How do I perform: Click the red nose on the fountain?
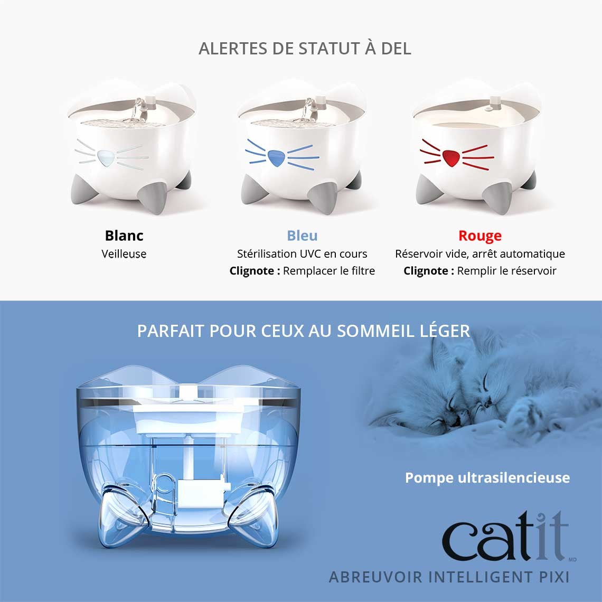pos(450,157)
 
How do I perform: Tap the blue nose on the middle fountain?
pos(275,157)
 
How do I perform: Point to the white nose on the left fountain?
pos(106,157)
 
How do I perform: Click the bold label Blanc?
pos(124,236)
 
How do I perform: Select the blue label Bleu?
pos(302,236)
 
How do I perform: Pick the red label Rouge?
pos(480,236)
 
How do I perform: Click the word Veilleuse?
pos(124,253)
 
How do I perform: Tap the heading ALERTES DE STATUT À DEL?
pos(305,49)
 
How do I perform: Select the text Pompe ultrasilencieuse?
pos(487,477)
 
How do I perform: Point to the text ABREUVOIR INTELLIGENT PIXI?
pos(449,576)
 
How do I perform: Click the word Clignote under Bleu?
pos(255,271)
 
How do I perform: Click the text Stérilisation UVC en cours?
pos(302,253)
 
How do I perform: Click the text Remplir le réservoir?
pos(507,271)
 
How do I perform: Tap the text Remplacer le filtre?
pos(329,271)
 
